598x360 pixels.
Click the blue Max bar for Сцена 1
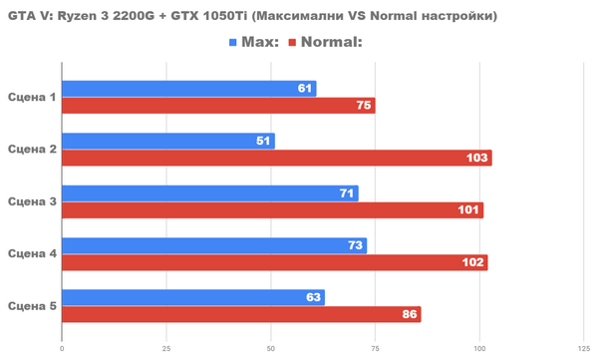coord(188,89)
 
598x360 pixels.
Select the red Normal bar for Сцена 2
coord(276,158)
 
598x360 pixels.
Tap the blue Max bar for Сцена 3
coord(209,192)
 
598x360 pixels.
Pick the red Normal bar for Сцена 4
coord(274,262)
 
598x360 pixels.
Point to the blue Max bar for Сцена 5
coord(192,297)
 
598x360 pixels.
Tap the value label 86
coord(410,314)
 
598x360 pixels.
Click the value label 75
coord(364,106)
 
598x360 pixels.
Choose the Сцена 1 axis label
coord(32,97)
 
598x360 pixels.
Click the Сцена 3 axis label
coord(32,201)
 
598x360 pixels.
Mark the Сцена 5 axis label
coord(32,305)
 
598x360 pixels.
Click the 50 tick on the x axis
coord(270,348)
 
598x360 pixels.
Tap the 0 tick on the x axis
coord(62,348)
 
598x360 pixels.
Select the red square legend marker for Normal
coord(292,43)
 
